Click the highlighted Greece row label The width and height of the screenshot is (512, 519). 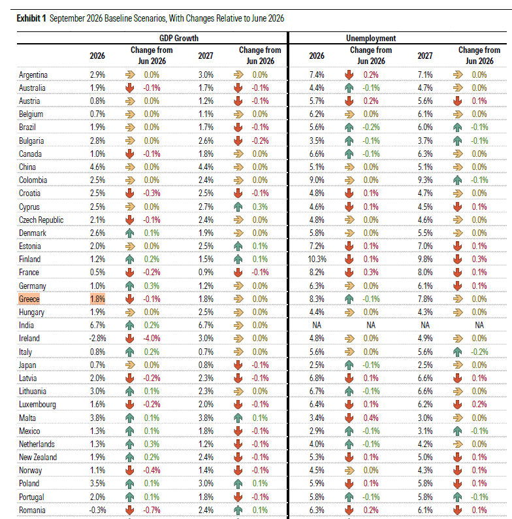pos(29,299)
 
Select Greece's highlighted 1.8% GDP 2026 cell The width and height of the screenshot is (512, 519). pos(97,299)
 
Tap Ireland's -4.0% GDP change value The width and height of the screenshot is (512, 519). pos(152,339)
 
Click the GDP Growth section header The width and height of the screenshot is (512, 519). pos(179,38)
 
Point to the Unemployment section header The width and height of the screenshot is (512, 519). pos(371,38)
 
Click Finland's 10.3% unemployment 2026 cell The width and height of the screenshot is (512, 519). pos(317,259)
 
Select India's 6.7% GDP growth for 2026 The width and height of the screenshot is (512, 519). pos(97,325)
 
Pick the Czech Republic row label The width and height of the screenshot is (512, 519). pos(41,220)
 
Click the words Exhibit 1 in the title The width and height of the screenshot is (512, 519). pos(31,18)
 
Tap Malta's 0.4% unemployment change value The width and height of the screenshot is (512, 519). pos(371,418)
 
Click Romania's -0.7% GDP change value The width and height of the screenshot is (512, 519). pos(152,510)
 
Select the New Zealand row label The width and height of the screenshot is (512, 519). pos(38,457)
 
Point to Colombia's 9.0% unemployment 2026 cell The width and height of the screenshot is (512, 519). pos(317,180)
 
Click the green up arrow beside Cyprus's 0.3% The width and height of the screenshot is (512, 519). pos(238,207)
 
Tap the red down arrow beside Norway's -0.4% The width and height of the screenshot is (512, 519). pos(130,471)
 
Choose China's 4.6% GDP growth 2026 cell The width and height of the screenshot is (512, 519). pos(97,167)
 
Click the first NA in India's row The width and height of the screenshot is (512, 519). pos(317,325)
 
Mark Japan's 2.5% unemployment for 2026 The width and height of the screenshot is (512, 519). pos(317,365)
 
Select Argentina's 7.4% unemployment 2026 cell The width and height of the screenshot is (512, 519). pos(317,75)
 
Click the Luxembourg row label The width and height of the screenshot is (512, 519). pos(37,405)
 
